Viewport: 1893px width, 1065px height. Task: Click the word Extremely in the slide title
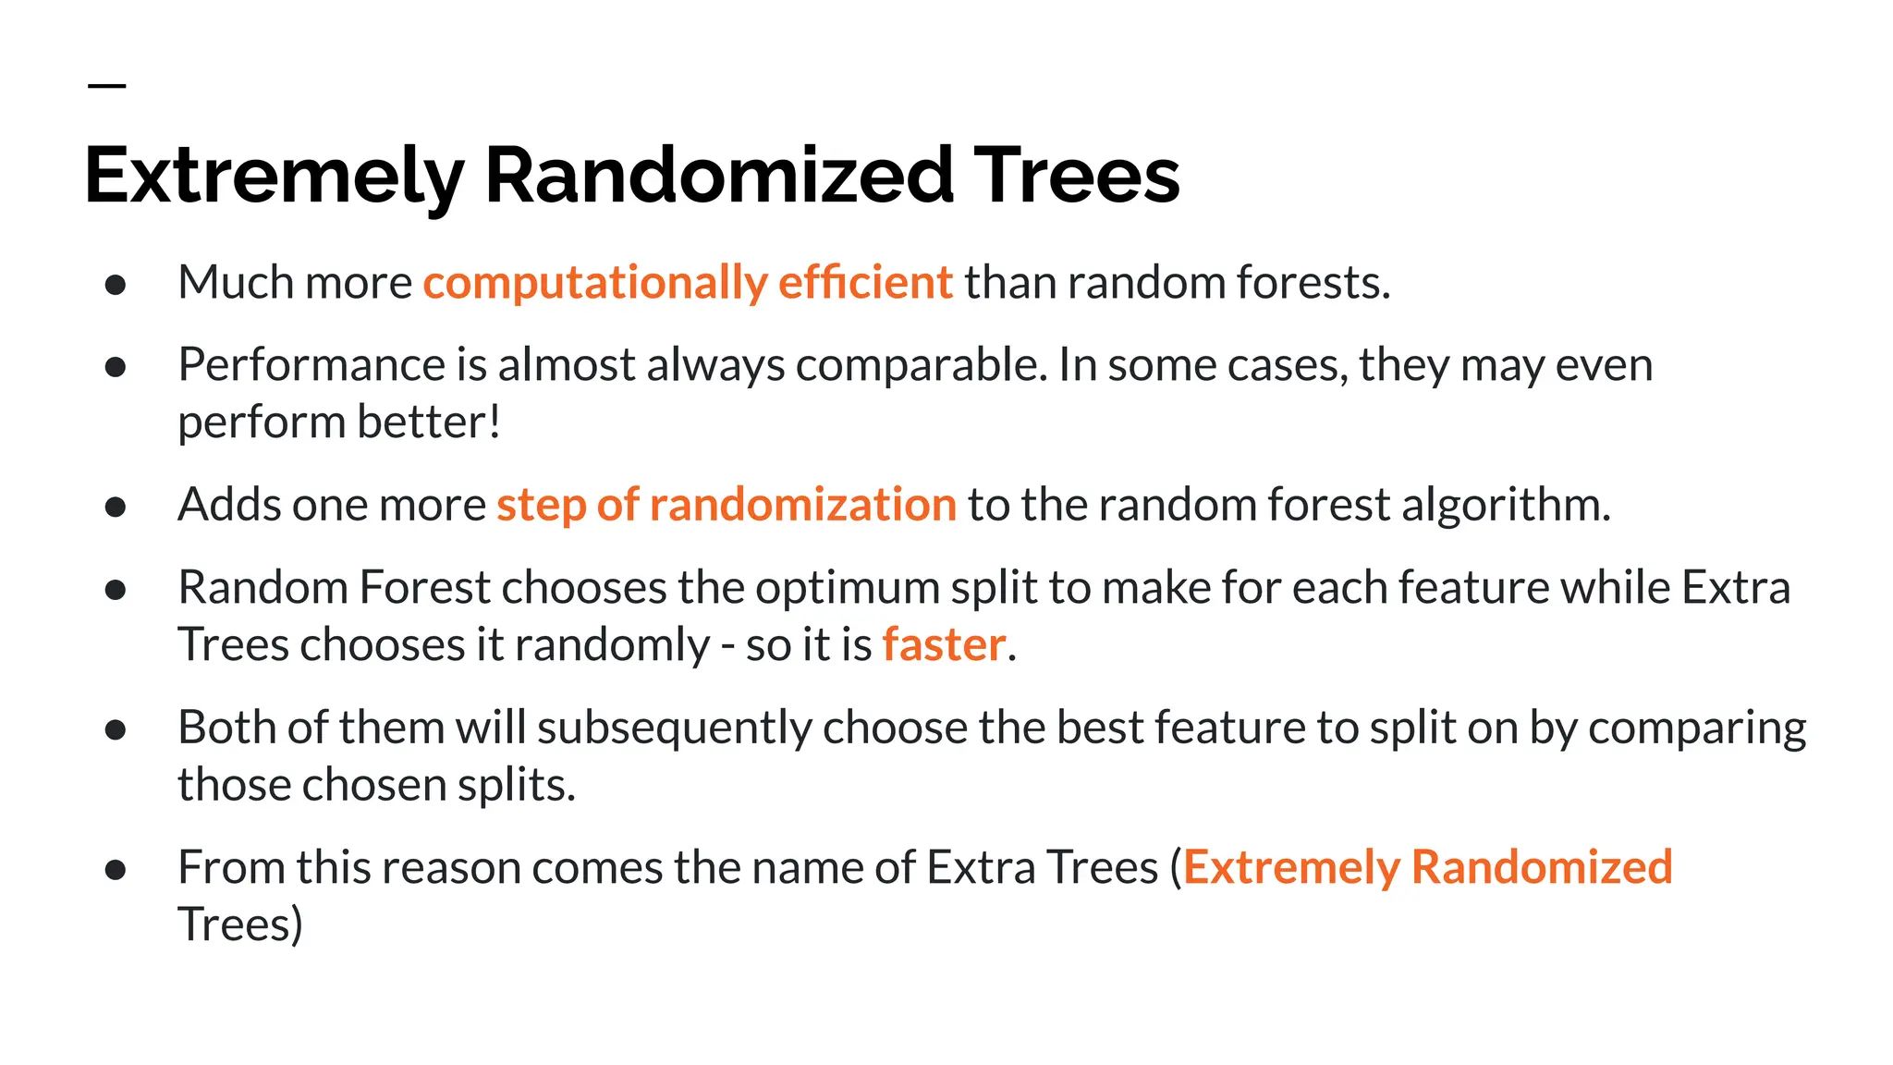(274, 176)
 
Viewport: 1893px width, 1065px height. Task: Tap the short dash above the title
(107, 86)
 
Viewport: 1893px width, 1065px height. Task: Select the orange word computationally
(594, 283)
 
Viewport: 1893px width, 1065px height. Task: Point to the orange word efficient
(865, 282)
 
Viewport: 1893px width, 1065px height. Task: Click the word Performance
(311, 364)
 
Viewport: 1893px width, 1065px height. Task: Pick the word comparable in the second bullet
(922, 366)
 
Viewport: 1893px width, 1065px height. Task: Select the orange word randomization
(802, 505)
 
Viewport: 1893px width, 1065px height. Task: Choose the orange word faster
(944, 644)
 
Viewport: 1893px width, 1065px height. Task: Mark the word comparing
(1697, 728)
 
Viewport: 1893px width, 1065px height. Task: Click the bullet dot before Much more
(116, 284)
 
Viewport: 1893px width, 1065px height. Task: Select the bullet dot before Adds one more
(116, 507)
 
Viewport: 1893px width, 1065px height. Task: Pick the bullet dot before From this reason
(116, 869)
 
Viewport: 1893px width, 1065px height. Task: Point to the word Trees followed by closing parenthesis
(239, 924)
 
